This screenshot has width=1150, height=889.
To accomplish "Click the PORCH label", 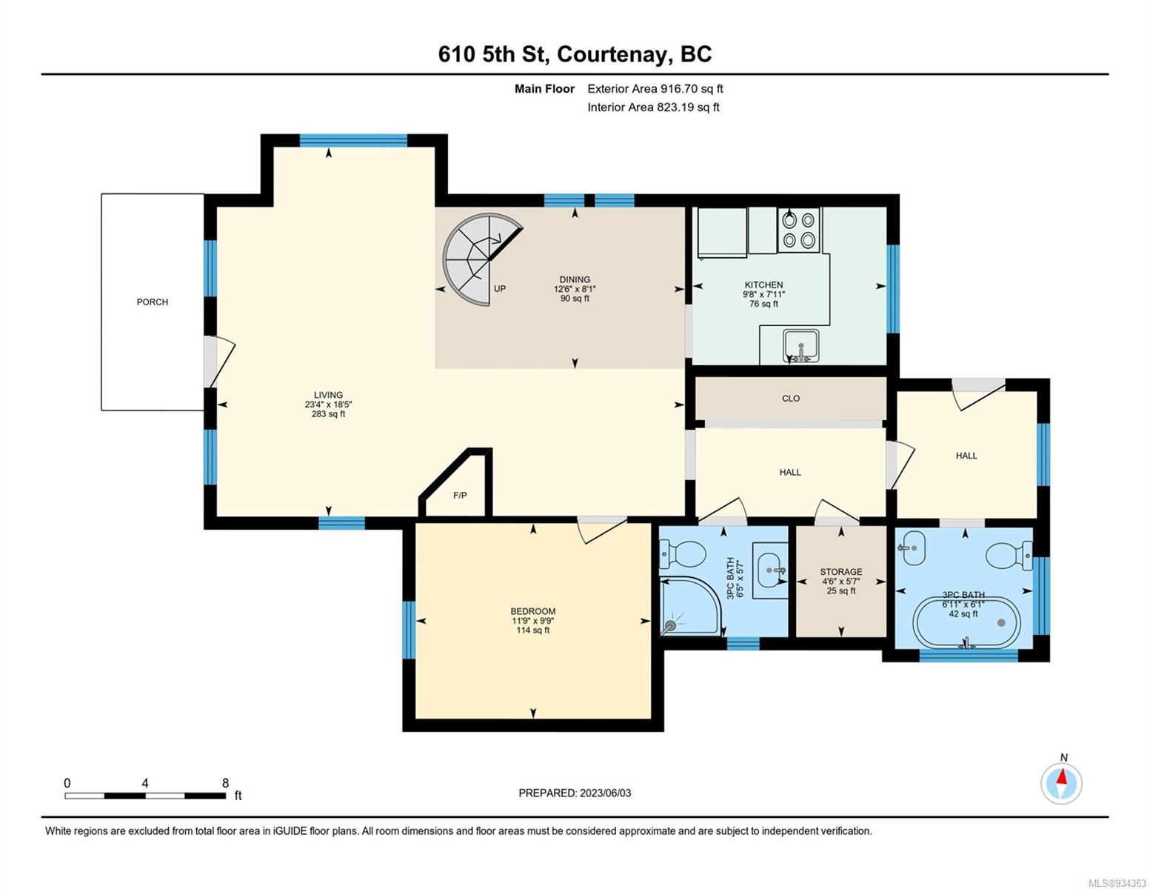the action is tap(153, 302).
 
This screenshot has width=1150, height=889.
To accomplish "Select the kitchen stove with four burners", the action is tap(798, 230).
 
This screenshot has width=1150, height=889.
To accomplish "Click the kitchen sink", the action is tap(801, 346).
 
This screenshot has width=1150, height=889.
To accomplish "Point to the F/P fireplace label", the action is tap(460, 496).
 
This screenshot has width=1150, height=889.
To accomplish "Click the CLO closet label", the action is tap(791, 399).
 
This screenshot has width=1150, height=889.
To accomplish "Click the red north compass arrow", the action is tap(1062, 776).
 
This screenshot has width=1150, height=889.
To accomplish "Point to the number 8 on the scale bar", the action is tap(225, 782).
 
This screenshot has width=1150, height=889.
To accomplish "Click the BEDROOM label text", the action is tap(533, 611).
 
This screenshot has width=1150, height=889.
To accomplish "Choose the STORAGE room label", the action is tap(841, 572).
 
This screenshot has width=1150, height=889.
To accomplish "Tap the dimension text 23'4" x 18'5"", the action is tap(328, 404).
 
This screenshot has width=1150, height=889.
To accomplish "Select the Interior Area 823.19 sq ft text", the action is tap(654, 107).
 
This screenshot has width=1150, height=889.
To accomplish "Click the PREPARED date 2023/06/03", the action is tap(606, 793).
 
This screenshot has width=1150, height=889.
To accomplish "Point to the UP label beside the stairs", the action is tap(500, 289).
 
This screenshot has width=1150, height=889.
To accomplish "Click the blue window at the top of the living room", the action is tap(353, 140).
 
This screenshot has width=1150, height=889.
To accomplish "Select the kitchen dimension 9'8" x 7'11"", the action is tap(763, 294).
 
